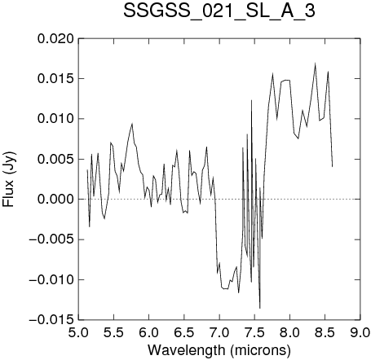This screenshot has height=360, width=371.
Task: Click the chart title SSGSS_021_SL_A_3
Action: pos(219,12)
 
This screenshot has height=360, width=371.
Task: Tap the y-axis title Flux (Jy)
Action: pos(8,179)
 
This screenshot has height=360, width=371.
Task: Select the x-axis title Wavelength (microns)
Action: pos(219,350)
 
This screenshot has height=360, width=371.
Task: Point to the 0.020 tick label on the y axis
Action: pos(55,39)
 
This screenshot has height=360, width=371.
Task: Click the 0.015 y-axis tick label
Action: pos(55,79)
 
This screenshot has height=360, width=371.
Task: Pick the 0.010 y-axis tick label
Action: pos(55,119)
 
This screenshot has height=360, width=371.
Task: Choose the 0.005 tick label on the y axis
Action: pos(55,159)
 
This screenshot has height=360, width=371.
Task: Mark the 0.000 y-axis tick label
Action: pos(55,200)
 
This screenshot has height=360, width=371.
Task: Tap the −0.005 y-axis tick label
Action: pos(51,239)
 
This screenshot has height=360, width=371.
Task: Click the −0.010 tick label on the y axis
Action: pos(51,279)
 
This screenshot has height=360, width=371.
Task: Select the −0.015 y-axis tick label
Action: pos(51,320)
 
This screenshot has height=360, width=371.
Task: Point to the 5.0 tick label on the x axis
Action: pos(78,332)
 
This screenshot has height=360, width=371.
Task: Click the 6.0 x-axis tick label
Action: pos(149,332)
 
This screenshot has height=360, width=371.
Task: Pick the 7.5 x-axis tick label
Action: pos(254,332)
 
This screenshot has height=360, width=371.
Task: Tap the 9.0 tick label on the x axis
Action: pos(360,332)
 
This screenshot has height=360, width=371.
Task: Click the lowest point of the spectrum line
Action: pos(260,308)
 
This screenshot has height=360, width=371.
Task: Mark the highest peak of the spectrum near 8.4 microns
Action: pos(316,64)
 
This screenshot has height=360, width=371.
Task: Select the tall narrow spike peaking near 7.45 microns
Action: pos(251,100)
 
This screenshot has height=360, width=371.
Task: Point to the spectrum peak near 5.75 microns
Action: pos(132,124)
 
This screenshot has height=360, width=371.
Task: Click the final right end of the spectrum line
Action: pos(333,166)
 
